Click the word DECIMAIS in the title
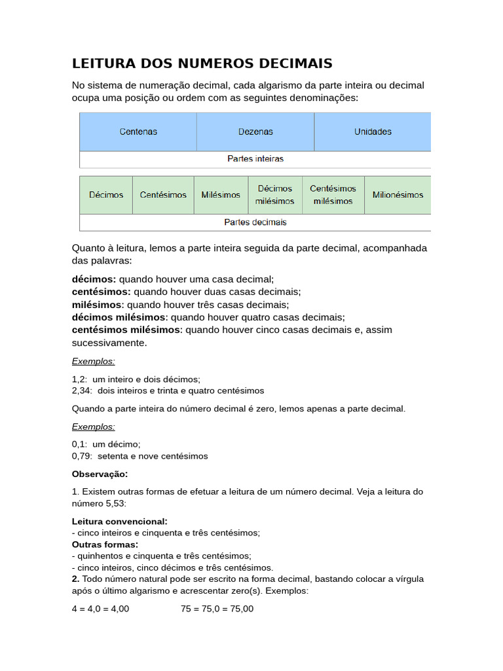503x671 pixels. coord(292,64)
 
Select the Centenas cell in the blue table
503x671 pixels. coord(138,132)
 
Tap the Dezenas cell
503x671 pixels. coord(255,132)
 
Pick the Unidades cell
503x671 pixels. coord(373,132)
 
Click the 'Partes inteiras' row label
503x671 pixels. coord(255,159)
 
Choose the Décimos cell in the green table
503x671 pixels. coord(106,195)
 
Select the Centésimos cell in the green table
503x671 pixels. coord(163,195)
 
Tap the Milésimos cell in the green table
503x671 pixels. coord(221,195)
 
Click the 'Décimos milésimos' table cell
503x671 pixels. coord(275,195)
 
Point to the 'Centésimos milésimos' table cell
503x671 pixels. coord(333,195)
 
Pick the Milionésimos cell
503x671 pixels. coord(398,195)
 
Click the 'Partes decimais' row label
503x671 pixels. coord(255,223)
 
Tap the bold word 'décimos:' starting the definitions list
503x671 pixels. coord(94,279)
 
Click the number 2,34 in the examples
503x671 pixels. coord(81,391)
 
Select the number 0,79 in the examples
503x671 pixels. coord(81,456)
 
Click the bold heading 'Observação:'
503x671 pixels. coord(100,474)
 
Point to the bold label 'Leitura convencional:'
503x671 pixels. coord(119,522)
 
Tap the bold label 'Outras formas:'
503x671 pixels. coord(105,545)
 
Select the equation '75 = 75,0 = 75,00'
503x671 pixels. coord(217,609)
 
